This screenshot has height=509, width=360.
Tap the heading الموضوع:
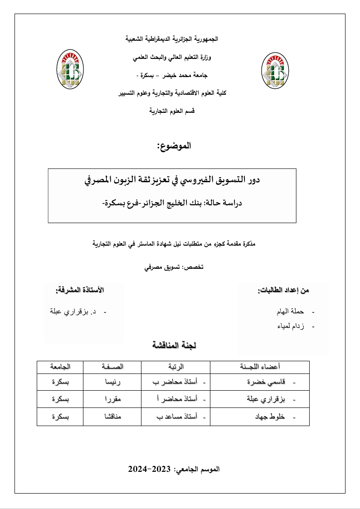point(174,146)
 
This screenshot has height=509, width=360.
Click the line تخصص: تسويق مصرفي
point(174,267)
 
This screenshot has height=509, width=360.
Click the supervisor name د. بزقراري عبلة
point(73,312)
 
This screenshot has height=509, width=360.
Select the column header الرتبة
point(176,367)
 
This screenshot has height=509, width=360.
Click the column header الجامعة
point(60,367)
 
